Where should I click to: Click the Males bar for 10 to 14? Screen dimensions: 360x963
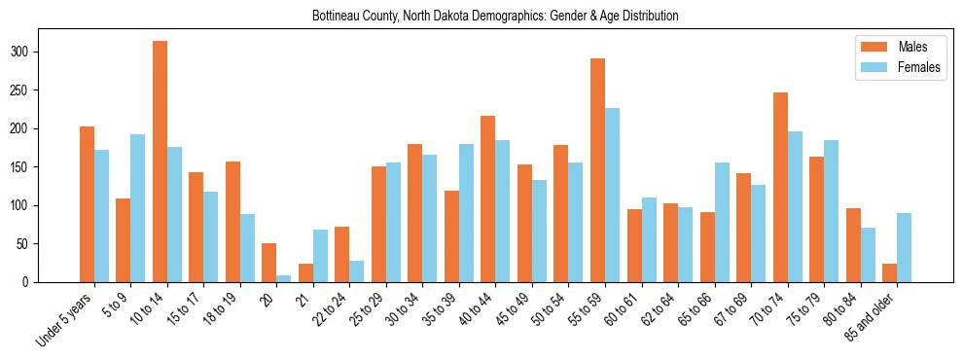coord(160,162)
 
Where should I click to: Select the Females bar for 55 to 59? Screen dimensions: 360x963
coord(612,195)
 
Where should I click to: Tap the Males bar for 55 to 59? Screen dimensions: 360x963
coord(597,170)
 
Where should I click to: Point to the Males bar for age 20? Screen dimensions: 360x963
coord(269,263)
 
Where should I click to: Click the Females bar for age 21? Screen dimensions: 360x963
coord(320,256)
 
